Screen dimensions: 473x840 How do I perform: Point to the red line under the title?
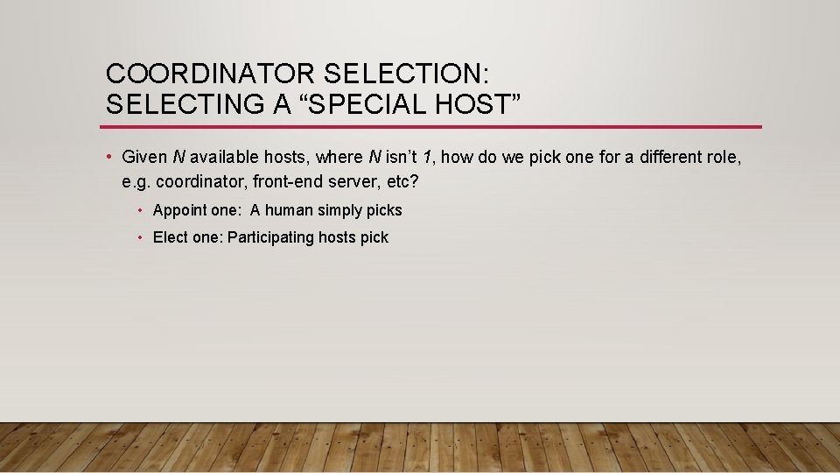tap(433, 127)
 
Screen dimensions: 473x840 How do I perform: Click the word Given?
tap(144, 158)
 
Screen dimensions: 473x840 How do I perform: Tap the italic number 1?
tap(426, 158)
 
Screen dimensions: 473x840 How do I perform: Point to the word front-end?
tap(285, 181)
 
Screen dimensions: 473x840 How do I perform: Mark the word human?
tap(288, 210)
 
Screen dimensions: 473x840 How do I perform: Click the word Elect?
tap(170, 237)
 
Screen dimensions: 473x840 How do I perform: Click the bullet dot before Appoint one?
tap(141, 210)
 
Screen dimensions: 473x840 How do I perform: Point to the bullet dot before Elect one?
tap(141, 237)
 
